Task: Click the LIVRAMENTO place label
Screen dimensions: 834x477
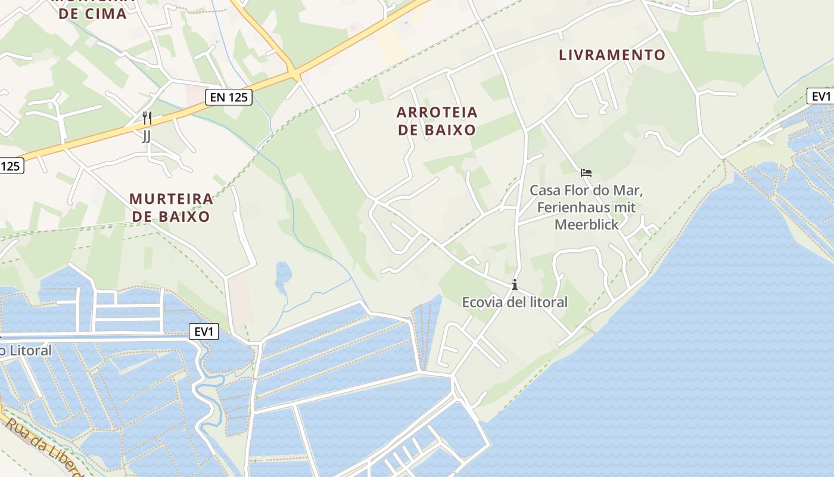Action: click(x=612, y=55)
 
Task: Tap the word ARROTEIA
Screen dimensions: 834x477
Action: click(x=437, y=112)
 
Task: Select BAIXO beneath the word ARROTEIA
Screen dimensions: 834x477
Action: click(x=437, y=130)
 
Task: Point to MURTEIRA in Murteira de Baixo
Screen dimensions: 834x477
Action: click(x=171, y=199)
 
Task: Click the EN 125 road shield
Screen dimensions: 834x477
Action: click(x=229, y=97)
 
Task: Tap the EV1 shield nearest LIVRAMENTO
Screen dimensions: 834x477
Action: click(x=820, y=96)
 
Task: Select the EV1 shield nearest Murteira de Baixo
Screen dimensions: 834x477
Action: click(x=204, y=332)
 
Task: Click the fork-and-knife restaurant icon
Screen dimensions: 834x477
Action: click(x=147, y=117)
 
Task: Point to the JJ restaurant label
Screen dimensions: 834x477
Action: click(x=147, y=137)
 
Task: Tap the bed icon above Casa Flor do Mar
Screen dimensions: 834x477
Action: click(x=586, y=174)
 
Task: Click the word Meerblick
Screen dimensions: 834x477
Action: click(x=586, y=225)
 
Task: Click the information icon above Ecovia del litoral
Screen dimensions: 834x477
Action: click(x=515, y=285)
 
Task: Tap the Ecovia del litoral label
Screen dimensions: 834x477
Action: click(x=515, y=302)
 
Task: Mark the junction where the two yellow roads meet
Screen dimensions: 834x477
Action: click(x=294, y=73)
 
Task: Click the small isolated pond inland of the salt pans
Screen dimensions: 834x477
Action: click(x=283, y=275)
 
